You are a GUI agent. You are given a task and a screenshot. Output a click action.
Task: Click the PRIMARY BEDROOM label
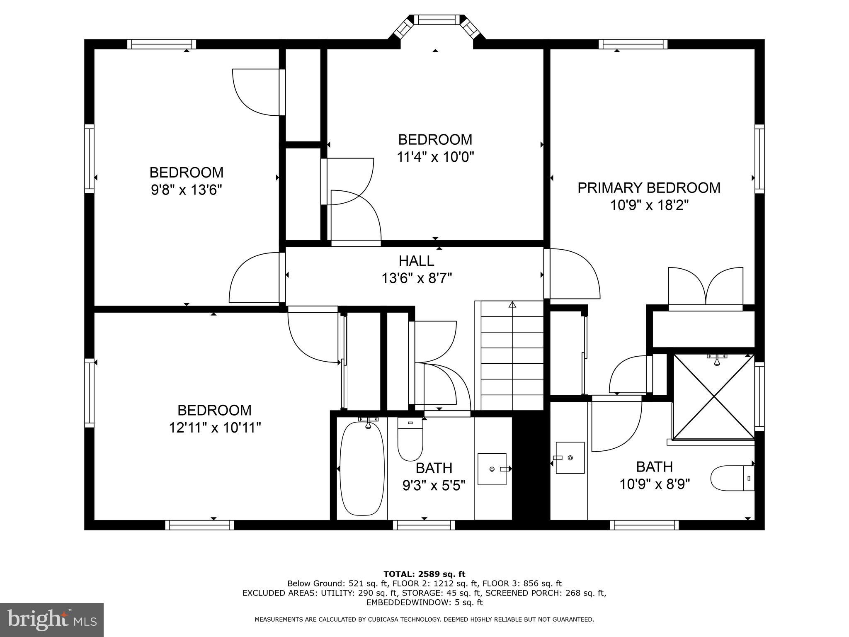point(649,188)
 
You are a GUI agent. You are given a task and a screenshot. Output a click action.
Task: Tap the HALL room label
point(416,261)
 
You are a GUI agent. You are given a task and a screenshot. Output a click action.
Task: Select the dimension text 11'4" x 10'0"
point(435,157)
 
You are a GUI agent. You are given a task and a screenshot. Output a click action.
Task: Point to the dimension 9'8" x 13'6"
point(186,190)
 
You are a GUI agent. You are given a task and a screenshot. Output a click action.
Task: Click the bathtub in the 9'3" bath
point(361,469)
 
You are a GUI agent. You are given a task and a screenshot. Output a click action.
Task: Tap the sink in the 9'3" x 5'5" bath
point(492,469)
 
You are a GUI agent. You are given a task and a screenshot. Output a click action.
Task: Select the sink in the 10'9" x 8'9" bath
point(570,458)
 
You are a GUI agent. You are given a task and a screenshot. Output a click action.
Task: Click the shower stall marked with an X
point(714,396)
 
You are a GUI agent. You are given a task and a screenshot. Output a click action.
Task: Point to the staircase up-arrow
point(512,305)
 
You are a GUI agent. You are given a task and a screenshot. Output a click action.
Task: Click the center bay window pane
point(434,19)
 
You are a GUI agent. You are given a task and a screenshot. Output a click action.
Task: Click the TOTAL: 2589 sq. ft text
point(424,574)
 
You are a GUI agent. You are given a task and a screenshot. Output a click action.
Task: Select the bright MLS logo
point(52,620)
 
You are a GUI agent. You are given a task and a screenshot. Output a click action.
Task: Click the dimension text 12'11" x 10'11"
point(214,428)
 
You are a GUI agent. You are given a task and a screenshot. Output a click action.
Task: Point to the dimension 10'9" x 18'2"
point(649,205)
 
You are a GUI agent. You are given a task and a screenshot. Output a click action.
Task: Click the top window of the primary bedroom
point(633,44)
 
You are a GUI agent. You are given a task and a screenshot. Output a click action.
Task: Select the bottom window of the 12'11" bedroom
point(199,525)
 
